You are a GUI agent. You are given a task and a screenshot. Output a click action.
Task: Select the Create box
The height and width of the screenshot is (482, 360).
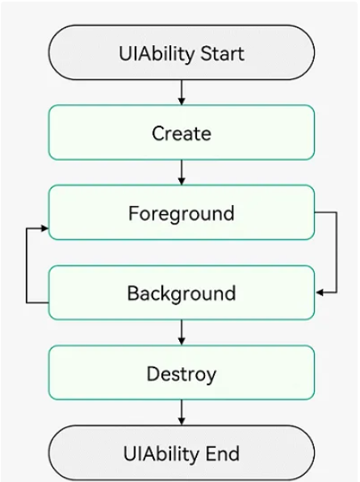coord(182,132)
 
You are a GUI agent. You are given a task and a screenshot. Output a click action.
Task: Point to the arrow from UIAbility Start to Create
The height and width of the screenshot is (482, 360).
coord(182,92)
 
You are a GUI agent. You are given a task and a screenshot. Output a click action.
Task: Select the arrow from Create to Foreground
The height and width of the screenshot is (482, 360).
coord(182,171)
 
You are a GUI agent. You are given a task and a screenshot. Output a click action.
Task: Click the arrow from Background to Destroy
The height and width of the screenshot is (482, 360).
coord(182,331)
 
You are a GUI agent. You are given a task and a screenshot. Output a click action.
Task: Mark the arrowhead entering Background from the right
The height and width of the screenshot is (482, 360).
coord(320,291)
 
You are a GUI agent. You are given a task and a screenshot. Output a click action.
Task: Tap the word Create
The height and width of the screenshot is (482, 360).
coord(182,133)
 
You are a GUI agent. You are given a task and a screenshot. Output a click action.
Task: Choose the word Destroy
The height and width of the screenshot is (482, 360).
coord(182,374)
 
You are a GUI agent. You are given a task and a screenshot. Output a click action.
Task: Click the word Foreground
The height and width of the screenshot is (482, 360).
coord(182,214)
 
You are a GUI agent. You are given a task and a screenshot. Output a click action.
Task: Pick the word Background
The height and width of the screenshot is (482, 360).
coord(182,293)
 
